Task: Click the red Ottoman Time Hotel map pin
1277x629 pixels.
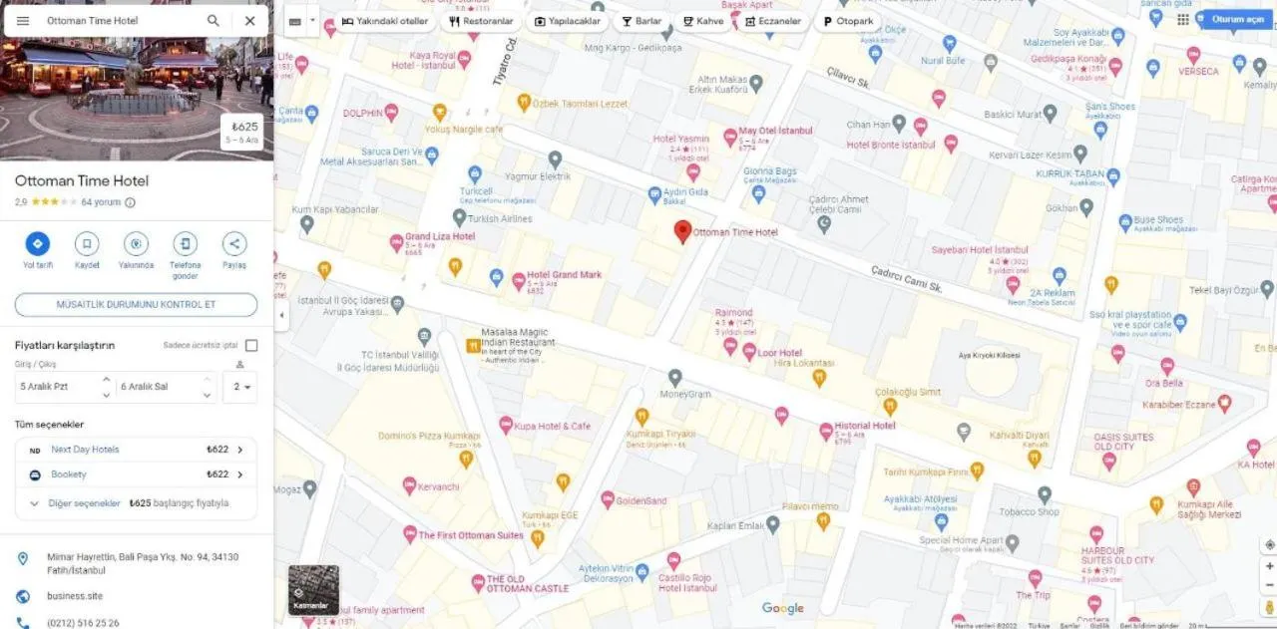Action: pos(682,230)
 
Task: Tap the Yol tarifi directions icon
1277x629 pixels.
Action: pos(38,243)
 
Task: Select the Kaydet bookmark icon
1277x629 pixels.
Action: pos(87,243)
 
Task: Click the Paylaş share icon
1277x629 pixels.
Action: pos(234,243)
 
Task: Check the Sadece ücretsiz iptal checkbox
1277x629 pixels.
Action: pos(251,346)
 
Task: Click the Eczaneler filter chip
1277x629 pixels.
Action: pos(773,21)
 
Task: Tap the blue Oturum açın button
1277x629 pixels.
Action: pos(1236,19)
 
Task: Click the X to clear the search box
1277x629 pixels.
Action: pos(249,20)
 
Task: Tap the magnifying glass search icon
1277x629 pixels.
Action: pos(213,20)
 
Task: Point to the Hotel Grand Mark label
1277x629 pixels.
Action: pos(564,275)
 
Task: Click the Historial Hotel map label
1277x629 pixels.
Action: pos(864,426)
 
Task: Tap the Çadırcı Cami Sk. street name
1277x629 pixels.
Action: pos(906,278)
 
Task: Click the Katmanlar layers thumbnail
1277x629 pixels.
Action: pos(313,589)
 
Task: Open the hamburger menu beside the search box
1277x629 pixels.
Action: pos(23,20)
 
